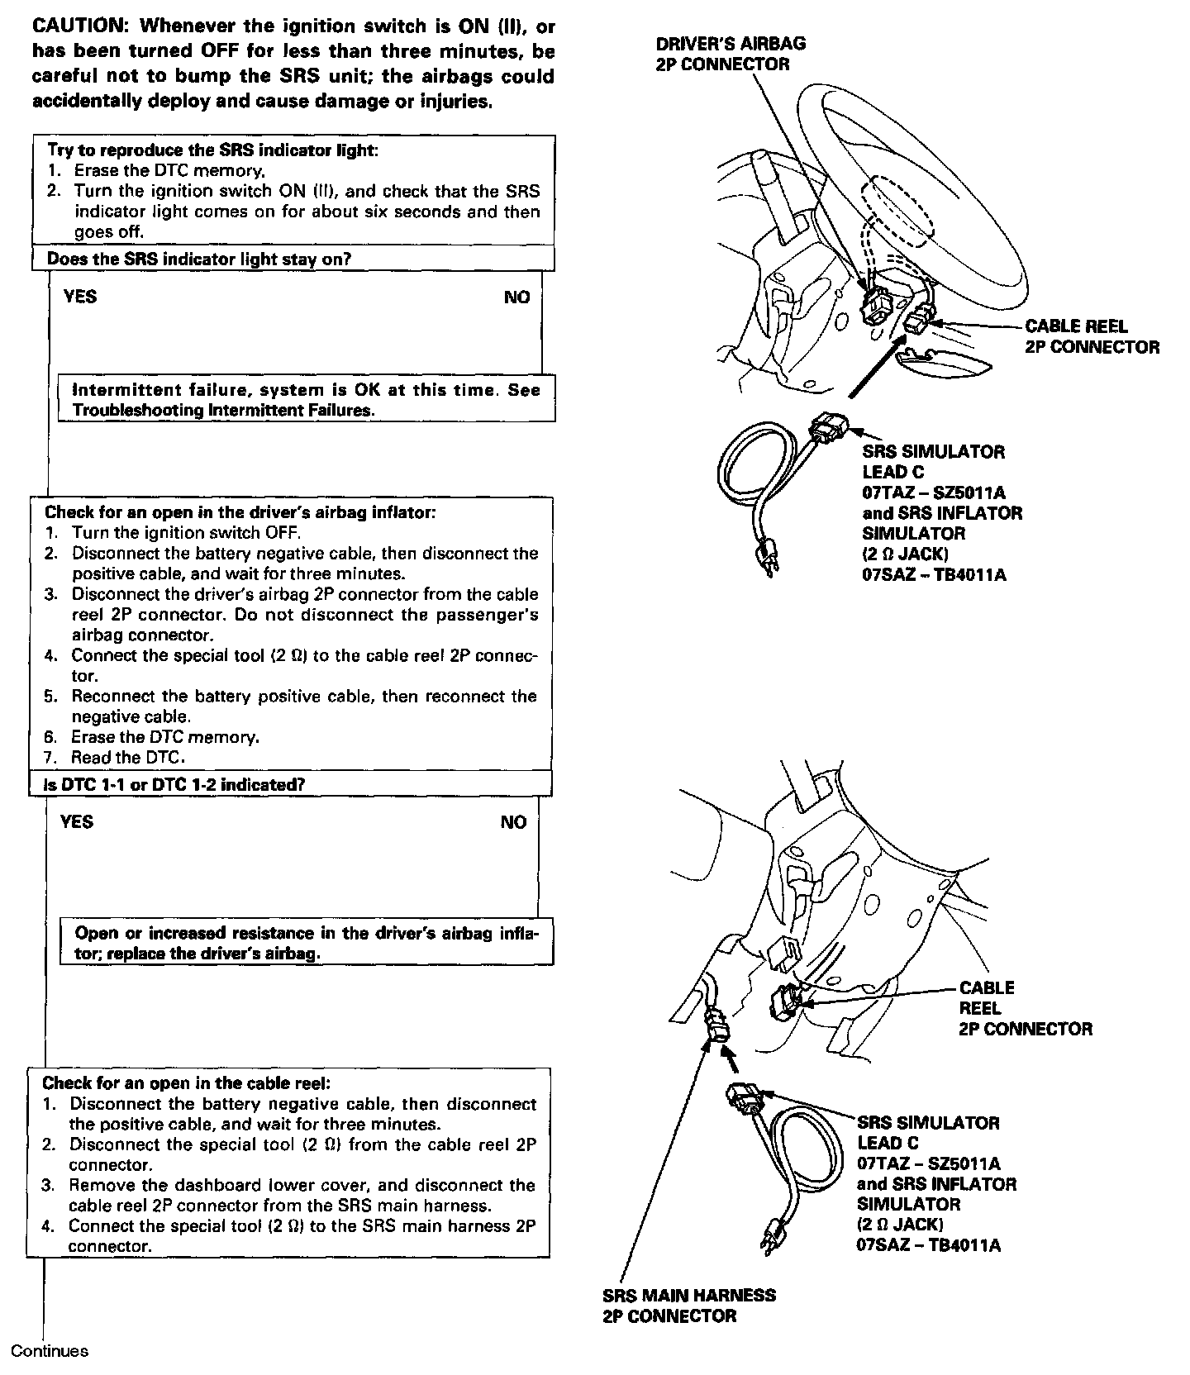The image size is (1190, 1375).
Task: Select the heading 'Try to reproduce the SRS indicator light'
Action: coord(212,150)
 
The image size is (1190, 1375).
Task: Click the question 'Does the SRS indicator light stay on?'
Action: coord(199,259)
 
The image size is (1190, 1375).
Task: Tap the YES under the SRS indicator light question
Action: coord(80,297)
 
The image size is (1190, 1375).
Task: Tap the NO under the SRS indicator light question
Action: coord(516,297)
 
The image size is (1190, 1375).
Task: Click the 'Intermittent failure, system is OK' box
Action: coord(306,399)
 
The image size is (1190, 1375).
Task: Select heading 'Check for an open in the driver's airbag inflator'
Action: coord(240,512)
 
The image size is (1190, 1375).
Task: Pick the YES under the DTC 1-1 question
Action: coord(77,821)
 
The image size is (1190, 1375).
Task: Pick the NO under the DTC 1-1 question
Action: coord(513,822)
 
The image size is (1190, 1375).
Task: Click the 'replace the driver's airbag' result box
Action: coord(306,943)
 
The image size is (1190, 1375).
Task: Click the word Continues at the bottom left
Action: coord(50,1352)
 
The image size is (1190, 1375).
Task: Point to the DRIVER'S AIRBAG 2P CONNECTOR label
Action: coord(731,54)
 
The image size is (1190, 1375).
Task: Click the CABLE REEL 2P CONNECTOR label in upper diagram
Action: coord(1092,336)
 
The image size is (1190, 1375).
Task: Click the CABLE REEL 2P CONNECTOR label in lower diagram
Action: coord(1025,1008)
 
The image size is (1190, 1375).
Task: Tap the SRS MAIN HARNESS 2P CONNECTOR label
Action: coord(689,1306)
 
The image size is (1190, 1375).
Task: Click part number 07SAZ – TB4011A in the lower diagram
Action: coord(928,1245)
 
